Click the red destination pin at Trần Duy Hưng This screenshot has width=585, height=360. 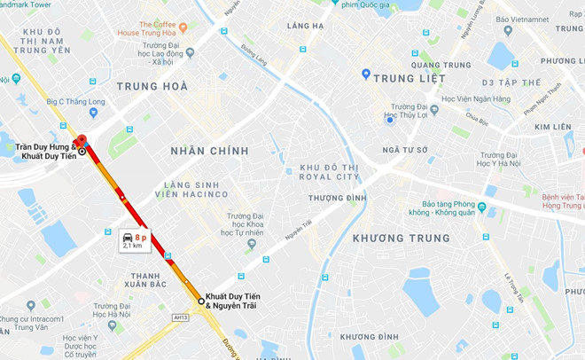click(81, 141)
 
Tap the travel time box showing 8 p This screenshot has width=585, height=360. click(134, 240)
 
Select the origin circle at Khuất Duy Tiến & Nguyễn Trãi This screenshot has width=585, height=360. click(201, 301)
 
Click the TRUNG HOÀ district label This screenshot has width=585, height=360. click(152, 87)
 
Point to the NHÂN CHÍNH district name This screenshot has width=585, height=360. click(210, 152)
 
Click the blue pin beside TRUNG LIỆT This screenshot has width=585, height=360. click(365, 74)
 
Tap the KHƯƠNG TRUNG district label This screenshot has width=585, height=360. click(401, 238)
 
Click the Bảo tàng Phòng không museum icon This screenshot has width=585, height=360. click(481, 209)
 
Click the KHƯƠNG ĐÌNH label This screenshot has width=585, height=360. click(369, 337)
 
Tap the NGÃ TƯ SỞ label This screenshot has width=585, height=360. click(404, 150)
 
